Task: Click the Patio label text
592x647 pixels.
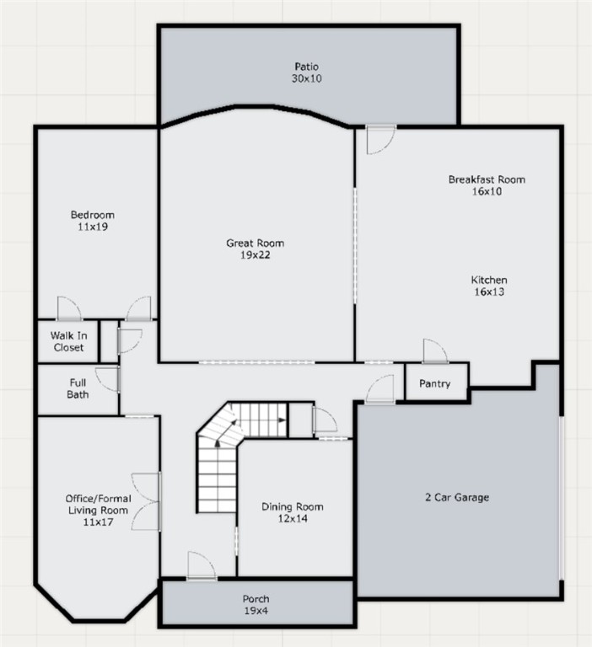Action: tap(306, 67)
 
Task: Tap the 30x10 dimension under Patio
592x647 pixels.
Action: tap(306, 78)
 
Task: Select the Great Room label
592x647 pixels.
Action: tap(255, 243)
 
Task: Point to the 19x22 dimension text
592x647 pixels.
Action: tap(255, 255)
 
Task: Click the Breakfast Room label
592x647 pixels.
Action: tap(487, 179)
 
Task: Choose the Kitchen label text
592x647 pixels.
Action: tap(489, 280)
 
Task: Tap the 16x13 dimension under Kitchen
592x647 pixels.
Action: tap(489, 291)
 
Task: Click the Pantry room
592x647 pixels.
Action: tap(436, 382)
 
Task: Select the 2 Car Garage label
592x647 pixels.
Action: tap(457, 497)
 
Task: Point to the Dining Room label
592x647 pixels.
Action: tap(293, 506)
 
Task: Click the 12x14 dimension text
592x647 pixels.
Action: tap(293, 519)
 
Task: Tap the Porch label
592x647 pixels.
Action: tap(256, 599)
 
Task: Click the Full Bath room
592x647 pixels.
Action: tap(78, 389)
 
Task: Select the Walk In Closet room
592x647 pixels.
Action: tap(68, 342)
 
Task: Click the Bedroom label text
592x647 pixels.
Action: tap(93, 215)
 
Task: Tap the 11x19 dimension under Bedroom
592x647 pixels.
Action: tap(93, 227)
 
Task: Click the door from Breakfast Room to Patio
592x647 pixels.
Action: tap(381, 140)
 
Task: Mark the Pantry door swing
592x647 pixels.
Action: tap(435, 351)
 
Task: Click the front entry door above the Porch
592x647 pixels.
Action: tap(202, 565)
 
